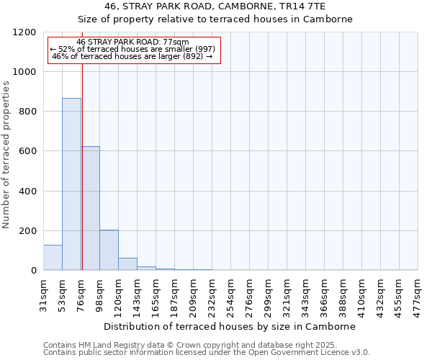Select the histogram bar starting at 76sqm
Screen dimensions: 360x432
coord(91,209)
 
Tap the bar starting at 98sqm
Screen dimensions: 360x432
coord(109,250)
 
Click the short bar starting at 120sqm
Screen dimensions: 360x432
coord(127,264)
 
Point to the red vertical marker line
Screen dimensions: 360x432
coord(82,166)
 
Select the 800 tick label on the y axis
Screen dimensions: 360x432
coord(27,112)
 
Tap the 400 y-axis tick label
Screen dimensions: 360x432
coord(27,192)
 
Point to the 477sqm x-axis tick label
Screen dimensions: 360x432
coord(418,294)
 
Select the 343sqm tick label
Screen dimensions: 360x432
coord(305,294)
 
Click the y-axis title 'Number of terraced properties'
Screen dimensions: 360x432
coord(6,155)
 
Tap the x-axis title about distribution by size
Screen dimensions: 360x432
coord(230,326)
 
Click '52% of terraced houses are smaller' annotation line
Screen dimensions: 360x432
coord(132,49)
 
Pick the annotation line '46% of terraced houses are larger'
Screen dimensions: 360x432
coord(132,56)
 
